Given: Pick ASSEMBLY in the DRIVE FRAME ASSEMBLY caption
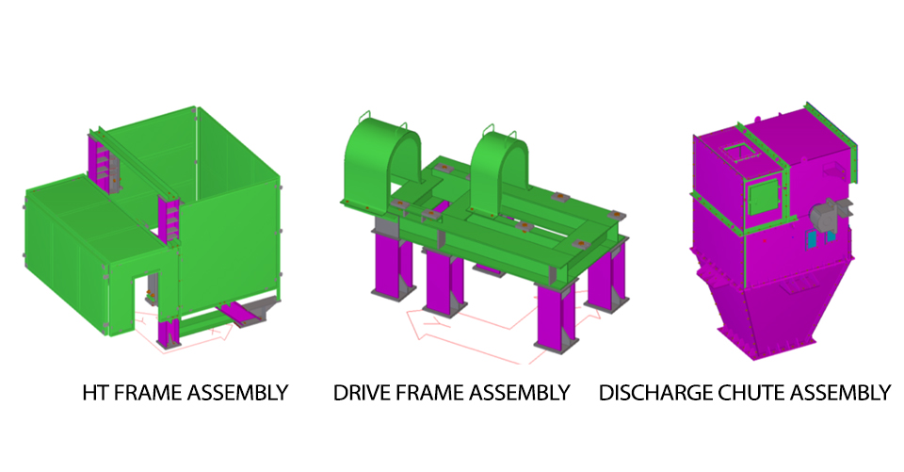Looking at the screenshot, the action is tap(519, 393).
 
